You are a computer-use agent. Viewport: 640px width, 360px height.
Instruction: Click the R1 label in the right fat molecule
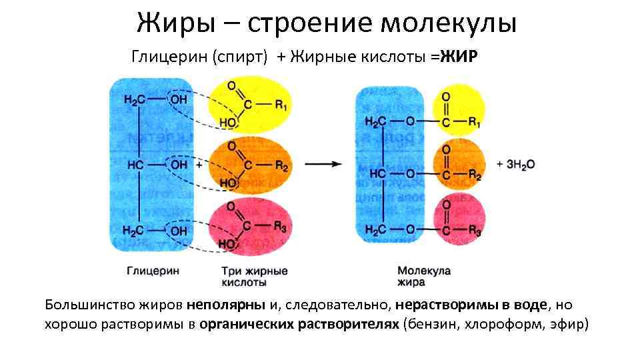pos(475,122)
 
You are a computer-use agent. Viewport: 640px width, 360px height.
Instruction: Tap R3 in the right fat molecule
pos(475,230)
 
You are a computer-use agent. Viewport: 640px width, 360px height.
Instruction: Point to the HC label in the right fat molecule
pos(377,173)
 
